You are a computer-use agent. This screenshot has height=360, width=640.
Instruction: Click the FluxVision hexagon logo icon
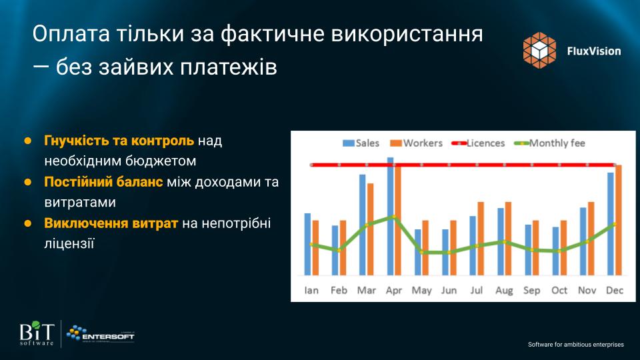(539, 50)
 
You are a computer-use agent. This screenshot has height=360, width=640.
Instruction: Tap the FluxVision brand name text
(594, 51)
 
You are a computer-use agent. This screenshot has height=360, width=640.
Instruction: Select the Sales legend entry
(361, 143)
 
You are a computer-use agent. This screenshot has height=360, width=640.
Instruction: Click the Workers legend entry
(416, 143)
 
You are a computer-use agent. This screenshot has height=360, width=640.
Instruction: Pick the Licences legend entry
(479, 143)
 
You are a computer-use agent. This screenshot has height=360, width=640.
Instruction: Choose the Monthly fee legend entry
(550, 143)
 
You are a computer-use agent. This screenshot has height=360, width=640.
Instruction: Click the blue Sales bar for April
(391, 216)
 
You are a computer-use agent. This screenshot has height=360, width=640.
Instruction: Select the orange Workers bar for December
(619, 220)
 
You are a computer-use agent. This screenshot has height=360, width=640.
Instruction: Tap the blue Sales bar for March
(363, 225)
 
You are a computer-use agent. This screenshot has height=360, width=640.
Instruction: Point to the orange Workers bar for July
(481, 239)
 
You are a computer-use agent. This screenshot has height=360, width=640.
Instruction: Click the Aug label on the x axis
(504, 290)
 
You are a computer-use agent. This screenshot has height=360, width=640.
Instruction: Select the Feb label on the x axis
(339, 290)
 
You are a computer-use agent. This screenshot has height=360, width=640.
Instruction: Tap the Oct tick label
(559, 290)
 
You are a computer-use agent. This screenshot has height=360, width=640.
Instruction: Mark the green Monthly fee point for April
(394, 217)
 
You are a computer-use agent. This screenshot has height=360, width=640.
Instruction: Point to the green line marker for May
(421, 252)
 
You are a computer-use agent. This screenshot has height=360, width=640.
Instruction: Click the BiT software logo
(37, 333)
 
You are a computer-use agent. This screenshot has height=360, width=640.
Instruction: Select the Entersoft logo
(101, 333)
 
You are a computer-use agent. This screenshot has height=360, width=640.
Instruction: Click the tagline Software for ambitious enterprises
(576, 345)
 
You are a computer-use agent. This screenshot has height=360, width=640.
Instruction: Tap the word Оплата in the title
(71, 34)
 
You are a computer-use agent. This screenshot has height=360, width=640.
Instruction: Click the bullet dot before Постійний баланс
(28, 182)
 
